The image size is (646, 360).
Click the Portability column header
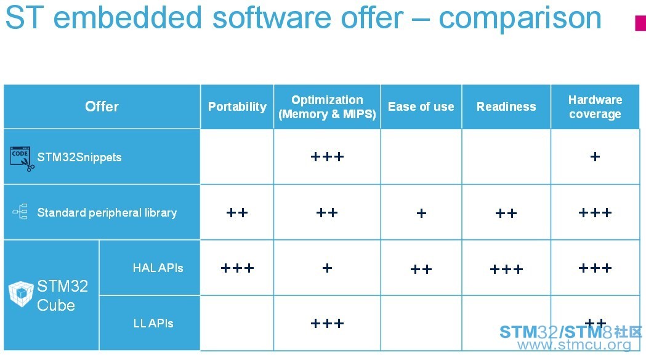point(237,106)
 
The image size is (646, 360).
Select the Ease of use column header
point(421,106)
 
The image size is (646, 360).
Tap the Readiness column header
point(506,106)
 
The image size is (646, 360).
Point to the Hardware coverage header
point(595,106)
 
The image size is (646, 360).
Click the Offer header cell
point(102,106)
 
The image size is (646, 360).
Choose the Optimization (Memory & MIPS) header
point(327,106)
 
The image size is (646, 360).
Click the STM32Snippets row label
point(79,157)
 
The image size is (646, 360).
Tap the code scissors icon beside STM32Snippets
point(22,159)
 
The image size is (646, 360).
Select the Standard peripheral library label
point(107,212)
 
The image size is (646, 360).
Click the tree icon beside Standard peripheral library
point(20,212)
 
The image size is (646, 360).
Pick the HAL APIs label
point(158,268)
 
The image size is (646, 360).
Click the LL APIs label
point(153,323)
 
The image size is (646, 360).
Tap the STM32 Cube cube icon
point(21,294)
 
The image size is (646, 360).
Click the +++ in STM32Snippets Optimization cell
point(327,156)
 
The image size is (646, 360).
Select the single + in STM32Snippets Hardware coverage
point(595,156)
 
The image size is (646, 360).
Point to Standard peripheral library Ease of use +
point(421,213)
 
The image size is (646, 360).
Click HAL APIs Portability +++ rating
point(237,268)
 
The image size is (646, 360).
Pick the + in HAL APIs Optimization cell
point(327,268)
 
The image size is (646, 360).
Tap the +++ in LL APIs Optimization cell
point(327,323)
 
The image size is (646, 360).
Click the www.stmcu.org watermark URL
point(575,345)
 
